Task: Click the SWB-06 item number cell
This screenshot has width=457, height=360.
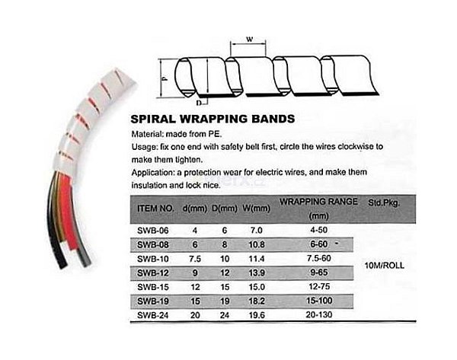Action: [x=153, y=231]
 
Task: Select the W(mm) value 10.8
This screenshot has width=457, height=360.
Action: [x=257, y=244]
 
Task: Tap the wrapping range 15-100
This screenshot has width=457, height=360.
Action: [x=319, y=301]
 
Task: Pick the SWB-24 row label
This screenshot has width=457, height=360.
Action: [x=153, y=315]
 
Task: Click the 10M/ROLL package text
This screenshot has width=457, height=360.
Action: [x=385, y=266]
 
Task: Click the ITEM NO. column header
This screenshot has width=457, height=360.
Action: [x=155, y=209]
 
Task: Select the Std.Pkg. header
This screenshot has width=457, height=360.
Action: [x=384, y=202]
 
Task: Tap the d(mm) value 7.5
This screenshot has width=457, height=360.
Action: [x=195, y=259]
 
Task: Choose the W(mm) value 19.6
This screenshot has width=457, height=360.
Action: [x=257, y=315]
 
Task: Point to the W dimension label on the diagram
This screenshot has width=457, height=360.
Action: [x=250, y=39]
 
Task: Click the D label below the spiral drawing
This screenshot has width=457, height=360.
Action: [x=199, y=103]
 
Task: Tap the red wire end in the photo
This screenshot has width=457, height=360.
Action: [x=72, y=244]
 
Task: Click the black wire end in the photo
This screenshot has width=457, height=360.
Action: [x=62, y=263]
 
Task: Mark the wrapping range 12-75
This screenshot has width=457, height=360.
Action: [x=319, y=286]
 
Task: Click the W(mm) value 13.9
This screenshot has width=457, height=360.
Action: [x=257, y=273]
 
